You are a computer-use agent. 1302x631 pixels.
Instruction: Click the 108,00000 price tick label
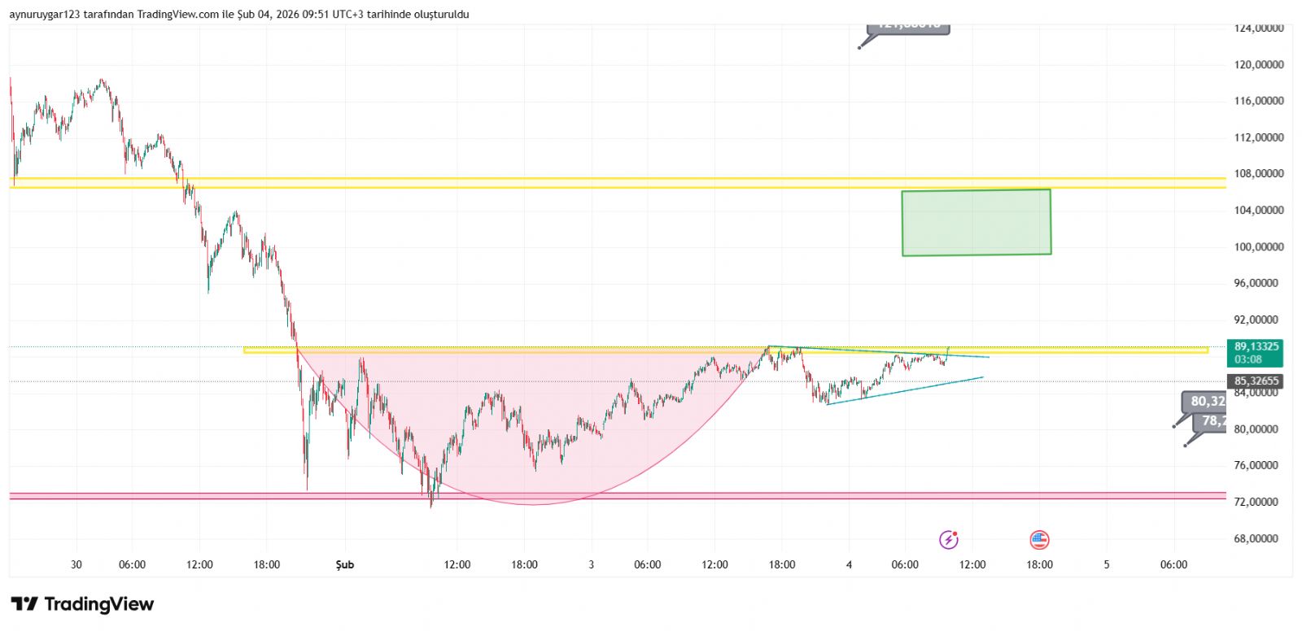(x=1259, y=174)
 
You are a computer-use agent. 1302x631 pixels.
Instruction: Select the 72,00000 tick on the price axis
(x=1259, y=503)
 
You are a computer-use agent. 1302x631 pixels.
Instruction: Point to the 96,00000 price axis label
(x=1259, y=284)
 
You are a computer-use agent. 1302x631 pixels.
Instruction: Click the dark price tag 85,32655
(x=1256, y=381)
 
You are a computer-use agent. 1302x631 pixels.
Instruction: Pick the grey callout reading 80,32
(x=1206, y=402)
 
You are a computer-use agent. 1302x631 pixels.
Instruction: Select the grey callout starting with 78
(x=1212, y=421)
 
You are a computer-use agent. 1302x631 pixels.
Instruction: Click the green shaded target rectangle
(x=976, y=222)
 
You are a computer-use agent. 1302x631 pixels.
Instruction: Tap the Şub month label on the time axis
(x=345, y=565)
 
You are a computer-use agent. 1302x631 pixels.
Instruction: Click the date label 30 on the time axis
(x=76, y=565)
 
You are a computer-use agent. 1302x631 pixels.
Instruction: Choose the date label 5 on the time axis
(x=1107, y=565)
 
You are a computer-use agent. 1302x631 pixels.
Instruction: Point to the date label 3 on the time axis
(x=592, y=565)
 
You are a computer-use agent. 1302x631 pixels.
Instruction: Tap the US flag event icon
(x=1039, y=540)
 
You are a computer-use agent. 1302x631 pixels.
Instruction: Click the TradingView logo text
(x=82, y=604)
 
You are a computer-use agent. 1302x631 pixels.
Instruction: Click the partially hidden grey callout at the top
(x=909, y=28)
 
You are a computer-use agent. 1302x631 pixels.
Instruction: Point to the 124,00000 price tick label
(x=1259, y=28)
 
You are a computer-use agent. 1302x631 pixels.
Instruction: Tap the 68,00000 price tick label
(x=1259, y=539)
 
